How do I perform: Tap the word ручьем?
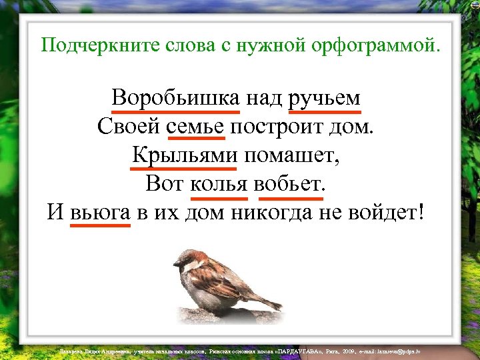pyautogui.click(x=325, y=98)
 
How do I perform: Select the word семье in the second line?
pyautogui.click(x=196, y=126)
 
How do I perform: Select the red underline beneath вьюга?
pyautogui.click(x=100, y=225)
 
